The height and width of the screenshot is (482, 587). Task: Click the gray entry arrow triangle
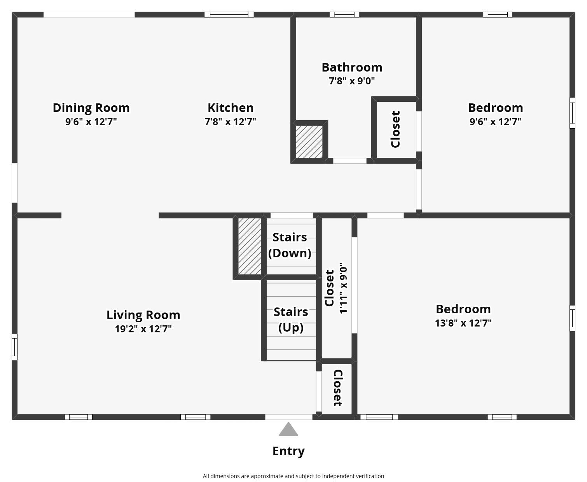(288, 430)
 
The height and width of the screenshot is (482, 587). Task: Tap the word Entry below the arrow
(288, 451)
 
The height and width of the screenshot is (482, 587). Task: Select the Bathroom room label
(352, 67)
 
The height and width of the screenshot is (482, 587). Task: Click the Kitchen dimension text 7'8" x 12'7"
(230, 122)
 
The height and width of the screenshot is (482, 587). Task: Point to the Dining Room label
(91, 108)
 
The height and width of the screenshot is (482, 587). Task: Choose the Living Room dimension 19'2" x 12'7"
(143, 329)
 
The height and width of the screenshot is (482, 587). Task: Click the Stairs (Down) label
(290, 245)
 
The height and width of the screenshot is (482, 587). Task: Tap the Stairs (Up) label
(291, 320)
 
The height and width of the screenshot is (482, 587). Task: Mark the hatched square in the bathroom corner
(309, 141)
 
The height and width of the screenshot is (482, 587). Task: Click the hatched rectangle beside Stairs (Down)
(250, 246)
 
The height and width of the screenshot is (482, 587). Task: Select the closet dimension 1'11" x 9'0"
(344, 288)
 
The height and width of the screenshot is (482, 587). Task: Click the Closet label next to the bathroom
(395, 129)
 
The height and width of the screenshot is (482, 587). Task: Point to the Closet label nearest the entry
(337, 388)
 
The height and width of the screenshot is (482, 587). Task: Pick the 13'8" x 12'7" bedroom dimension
(463, 323)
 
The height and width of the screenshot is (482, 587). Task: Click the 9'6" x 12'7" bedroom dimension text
(495, 122)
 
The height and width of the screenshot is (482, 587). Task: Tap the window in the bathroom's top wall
(344, 14)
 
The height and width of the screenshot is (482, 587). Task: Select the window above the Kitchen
(229, 14)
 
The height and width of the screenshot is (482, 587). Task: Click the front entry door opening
(288, 417)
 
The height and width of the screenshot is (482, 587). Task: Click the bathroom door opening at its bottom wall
(349, 161)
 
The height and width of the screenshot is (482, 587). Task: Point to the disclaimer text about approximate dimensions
(293, 476)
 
